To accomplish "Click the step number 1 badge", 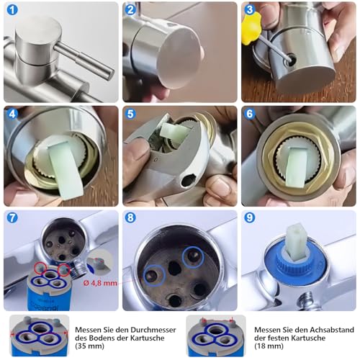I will click(12, 10).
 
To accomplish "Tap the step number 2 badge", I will click(130, 10).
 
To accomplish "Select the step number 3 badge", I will click(249, 10).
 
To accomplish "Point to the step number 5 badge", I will click(130, 114).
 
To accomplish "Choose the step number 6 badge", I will click(249, 114).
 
